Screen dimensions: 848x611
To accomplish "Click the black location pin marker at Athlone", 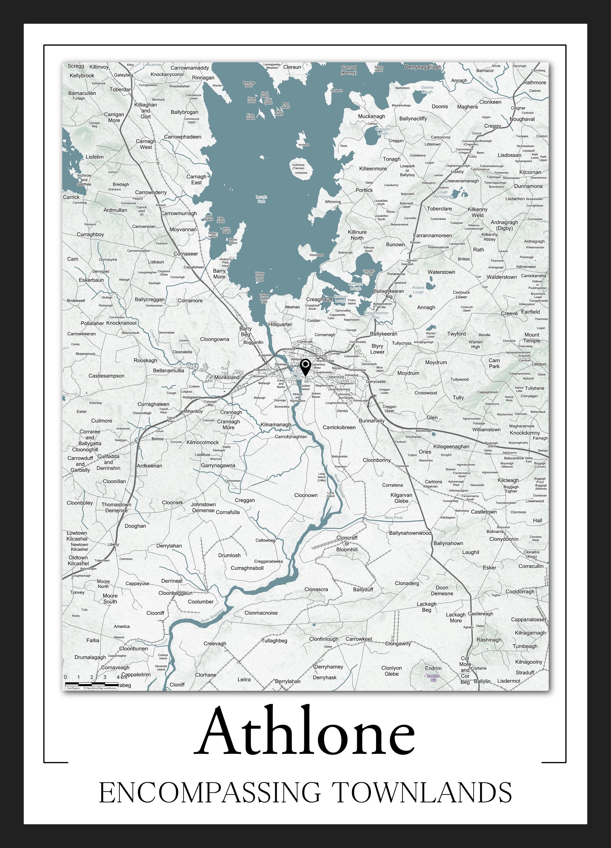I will coord(305,367).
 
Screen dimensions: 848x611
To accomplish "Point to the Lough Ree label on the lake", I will coord(261,199).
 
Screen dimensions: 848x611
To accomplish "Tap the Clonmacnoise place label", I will coord(261,613).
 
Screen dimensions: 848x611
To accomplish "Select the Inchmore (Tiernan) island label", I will coord(298,167).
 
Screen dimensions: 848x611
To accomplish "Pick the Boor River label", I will coord(394,518).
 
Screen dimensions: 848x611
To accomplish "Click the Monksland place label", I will coord(226,377).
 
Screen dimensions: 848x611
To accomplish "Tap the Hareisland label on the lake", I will coord(316,255).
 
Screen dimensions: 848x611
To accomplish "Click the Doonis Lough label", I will coord(427,89).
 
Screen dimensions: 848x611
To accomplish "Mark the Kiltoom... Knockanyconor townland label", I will coord(167,74).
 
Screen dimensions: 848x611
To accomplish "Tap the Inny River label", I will coord(486,82).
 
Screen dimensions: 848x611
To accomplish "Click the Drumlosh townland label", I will coord(229,555).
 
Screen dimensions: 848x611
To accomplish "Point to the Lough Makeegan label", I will coord(442,194).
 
